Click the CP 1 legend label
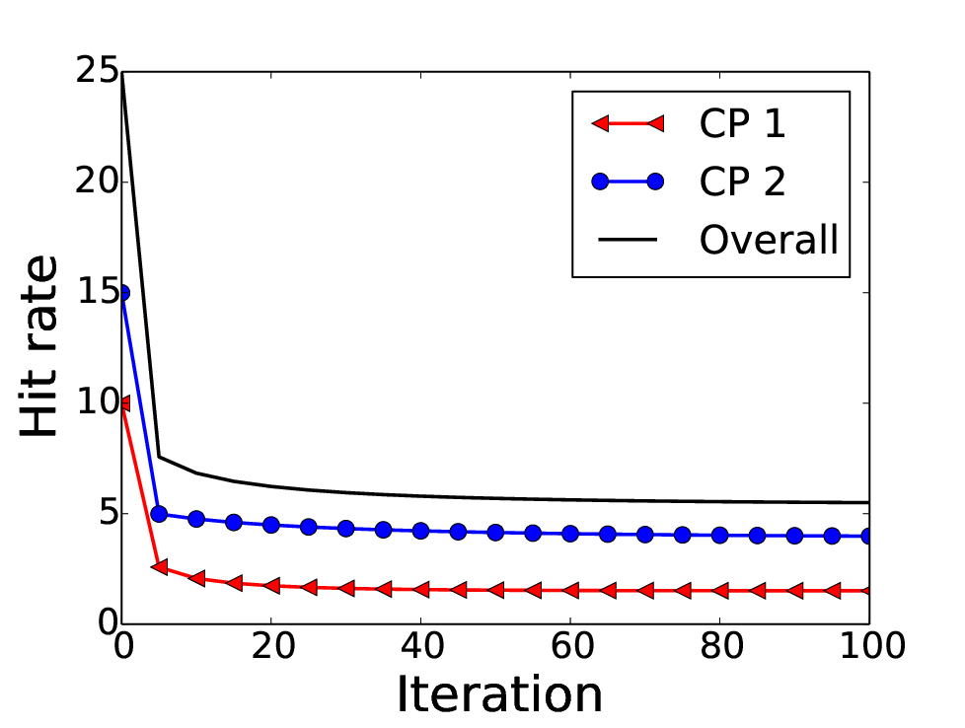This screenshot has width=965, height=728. pos(742,123)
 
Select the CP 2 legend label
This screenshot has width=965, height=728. pos(742,181)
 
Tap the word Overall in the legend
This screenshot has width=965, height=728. pos(769,239)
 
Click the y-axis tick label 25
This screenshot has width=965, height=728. pos(97,70)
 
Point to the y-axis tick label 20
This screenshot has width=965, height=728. pos(97,182)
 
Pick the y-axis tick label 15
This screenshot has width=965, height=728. pos(97,292)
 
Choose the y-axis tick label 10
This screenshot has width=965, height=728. pos(97,402)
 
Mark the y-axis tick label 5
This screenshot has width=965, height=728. pos(108,513)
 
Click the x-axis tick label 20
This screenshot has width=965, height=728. pos(272,646)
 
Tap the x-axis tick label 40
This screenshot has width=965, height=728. pos(421,646)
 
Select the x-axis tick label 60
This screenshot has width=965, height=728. pos(571,646)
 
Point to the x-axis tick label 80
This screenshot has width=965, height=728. pos(720,646)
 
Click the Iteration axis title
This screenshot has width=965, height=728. pos(499,694)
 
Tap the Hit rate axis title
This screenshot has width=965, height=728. pos(38,346)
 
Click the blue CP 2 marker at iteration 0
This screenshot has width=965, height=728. pos(122,293)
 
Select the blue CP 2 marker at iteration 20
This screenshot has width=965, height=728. pos(271,525)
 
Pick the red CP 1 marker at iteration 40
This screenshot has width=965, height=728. pos(421,590)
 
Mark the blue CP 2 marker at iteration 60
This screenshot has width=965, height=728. pos(570,534)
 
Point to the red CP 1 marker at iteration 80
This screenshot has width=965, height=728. pos(719,591)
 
